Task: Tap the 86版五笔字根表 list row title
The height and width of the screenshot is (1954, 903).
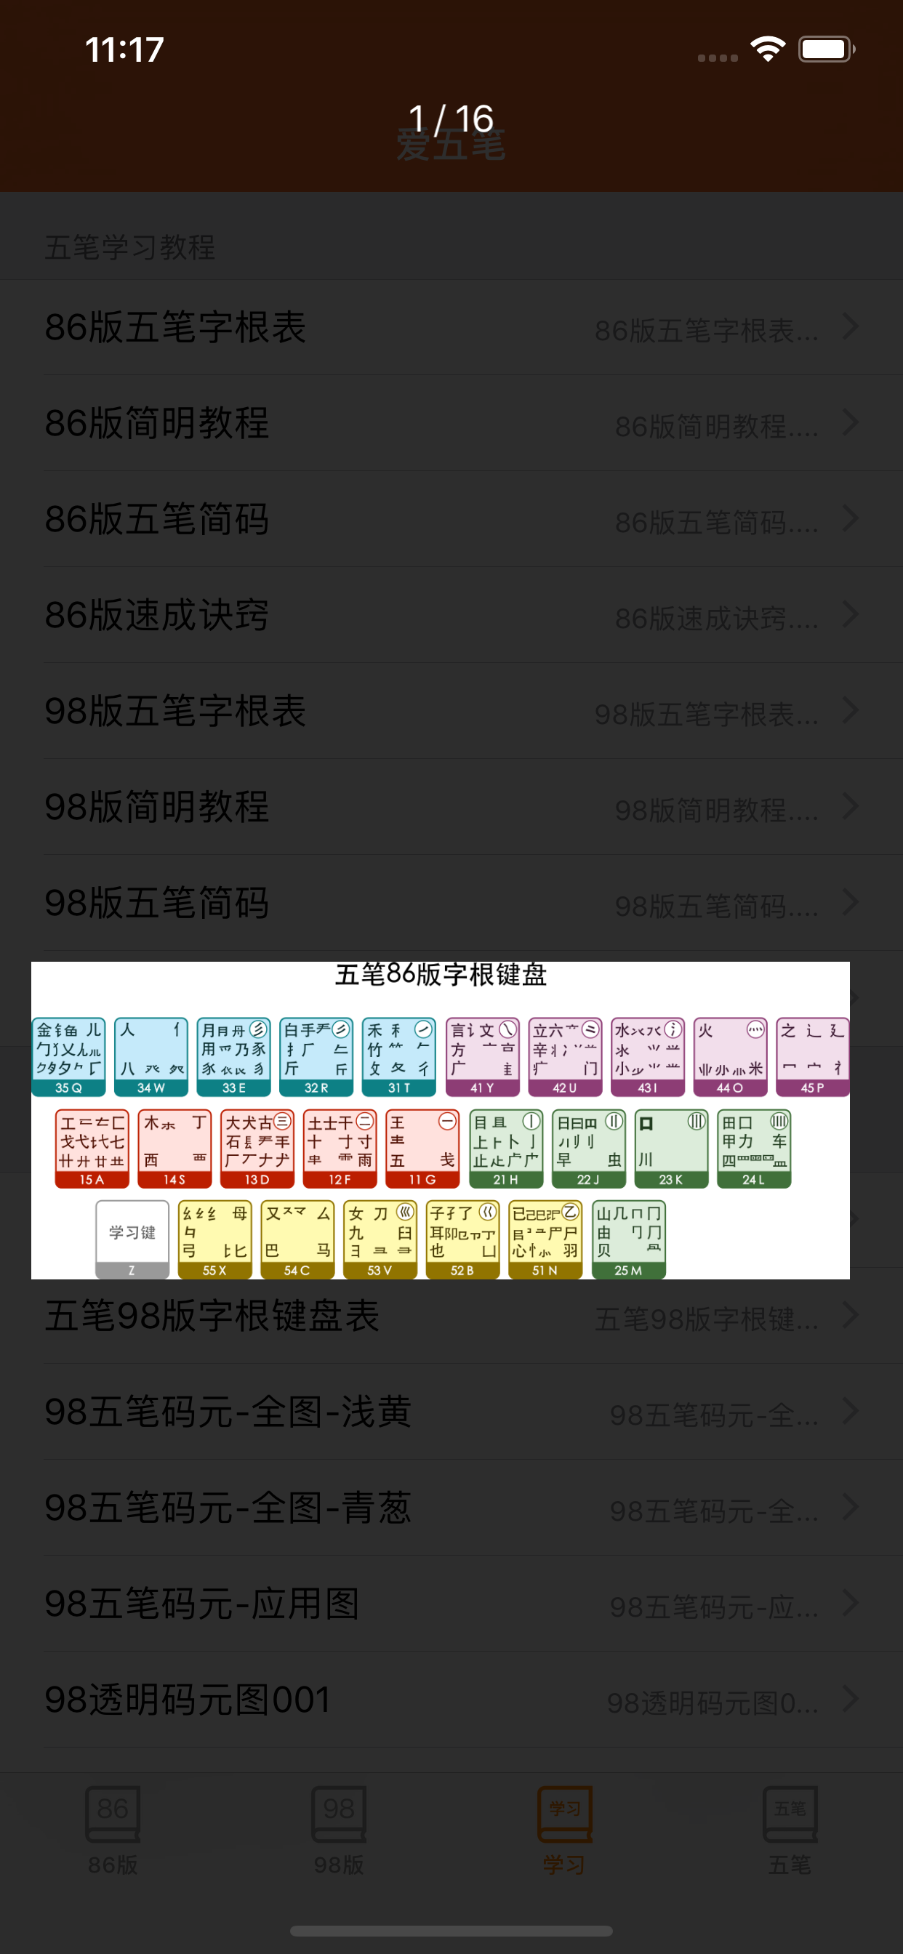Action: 175,328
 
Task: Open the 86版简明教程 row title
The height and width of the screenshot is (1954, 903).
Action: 157,423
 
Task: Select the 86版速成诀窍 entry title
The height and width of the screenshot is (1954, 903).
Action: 157,615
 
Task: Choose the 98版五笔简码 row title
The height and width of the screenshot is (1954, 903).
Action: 157,903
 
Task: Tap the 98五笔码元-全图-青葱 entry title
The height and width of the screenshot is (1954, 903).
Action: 228,1507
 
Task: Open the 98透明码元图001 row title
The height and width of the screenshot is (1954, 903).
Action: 188,1699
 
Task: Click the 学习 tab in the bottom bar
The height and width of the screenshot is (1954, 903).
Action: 563,1829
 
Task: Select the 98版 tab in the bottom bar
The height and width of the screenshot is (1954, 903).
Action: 338,1829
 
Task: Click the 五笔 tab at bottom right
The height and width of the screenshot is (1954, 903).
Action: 789,1829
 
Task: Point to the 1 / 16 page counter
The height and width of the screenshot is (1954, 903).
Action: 451,119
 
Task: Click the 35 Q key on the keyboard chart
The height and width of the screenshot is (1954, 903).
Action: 68,1057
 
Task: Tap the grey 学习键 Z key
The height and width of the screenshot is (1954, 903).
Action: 132,1239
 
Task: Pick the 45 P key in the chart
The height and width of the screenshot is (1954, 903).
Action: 812,1057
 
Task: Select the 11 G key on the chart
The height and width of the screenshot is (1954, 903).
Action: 422,1149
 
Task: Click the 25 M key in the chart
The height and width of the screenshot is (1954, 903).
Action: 628,1239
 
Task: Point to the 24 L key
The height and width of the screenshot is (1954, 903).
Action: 754,1149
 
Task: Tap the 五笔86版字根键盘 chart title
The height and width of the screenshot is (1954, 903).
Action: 441,975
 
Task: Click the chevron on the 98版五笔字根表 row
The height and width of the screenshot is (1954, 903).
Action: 851,711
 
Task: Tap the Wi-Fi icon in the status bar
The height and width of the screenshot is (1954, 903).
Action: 767,50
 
